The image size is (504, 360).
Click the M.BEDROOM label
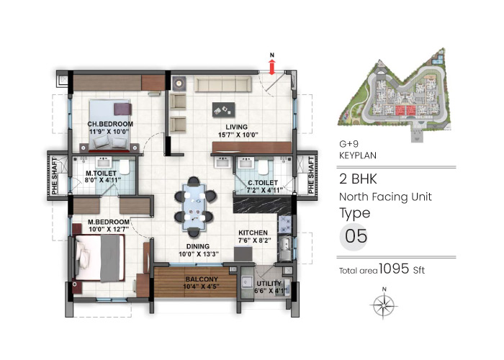[x=109, y=221]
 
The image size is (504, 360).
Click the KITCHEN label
[x=253, y=233]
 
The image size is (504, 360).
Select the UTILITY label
[x=269, y=284]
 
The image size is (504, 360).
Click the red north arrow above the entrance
[x=271, y=66]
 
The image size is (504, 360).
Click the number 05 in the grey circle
[x=354, y=235]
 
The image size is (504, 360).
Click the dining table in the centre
[x=194, y=202]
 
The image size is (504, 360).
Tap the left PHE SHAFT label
[x=53, y=172]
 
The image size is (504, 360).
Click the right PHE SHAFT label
[x=311, y=172]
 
